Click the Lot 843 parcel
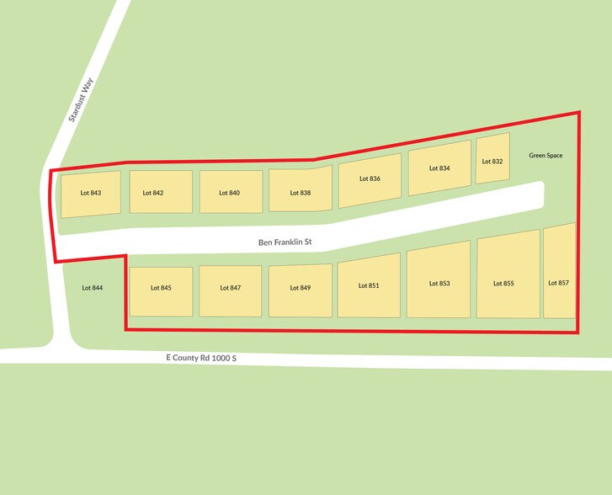[x=90, y=194]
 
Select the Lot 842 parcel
[x=161, y=193]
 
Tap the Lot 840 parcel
[x=230, y=193]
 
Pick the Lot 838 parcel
[x=300, y=192]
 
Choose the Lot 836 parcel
[x=370, y=179]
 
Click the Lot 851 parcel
[x=369, y=287]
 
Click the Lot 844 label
[x=92, y=288]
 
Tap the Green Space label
[x=545, y=155]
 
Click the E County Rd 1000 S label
[x=201, y=358]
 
